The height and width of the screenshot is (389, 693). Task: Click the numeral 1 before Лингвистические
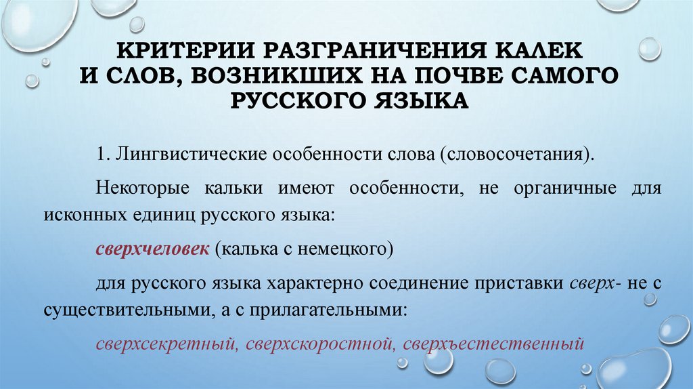click(x=100, y=154)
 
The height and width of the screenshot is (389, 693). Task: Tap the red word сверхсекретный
click(x=164, y=343)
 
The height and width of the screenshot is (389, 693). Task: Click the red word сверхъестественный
click(x=492, y=343)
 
